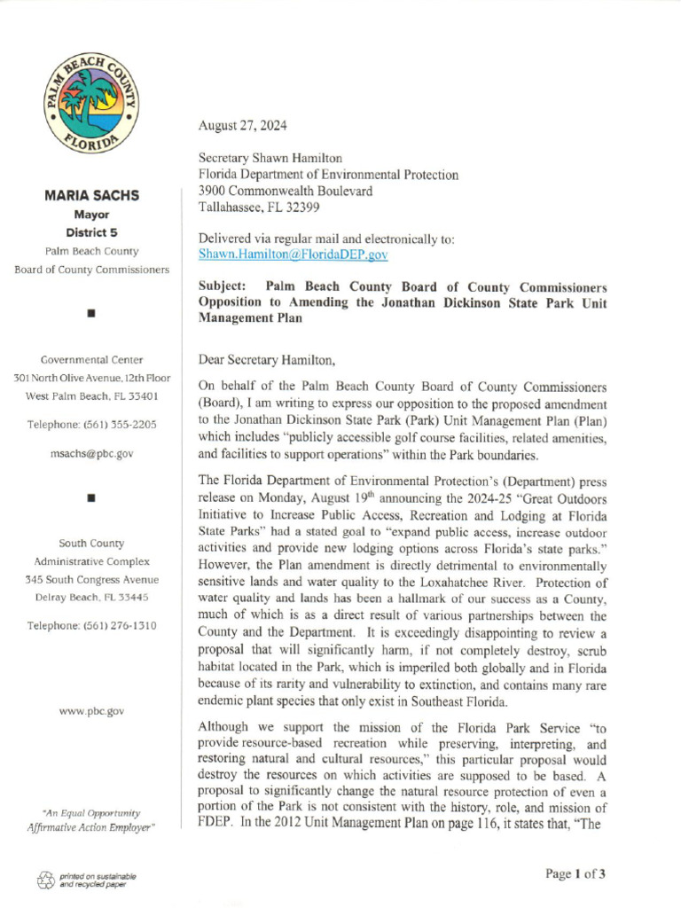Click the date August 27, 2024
click(242, 125)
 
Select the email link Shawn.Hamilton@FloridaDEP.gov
click(293, 254)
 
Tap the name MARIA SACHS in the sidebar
click(91, 196)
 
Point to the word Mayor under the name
click(91, 215)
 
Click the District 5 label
click(91, 233)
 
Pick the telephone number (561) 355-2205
click(91, 425)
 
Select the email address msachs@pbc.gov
click(91, 453)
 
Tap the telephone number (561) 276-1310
click(91, 625)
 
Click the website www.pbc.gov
click(91, 710)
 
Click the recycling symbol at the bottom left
click(45, 881)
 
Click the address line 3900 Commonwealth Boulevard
click(285, 191)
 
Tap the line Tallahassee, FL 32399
click(259, 207)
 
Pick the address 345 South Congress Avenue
click(91, 579)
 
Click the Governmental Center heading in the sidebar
click(91, 359)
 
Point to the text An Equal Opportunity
click(91, 812)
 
